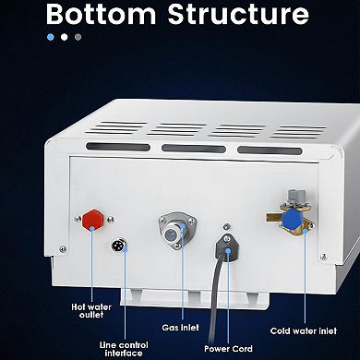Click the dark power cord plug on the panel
point(223,245)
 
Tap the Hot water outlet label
point(93,310)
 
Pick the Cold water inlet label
point(304,330)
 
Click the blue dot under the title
point(50,38)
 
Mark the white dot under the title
point(64,38)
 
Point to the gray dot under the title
point(78,38)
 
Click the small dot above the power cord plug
point(223,224)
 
